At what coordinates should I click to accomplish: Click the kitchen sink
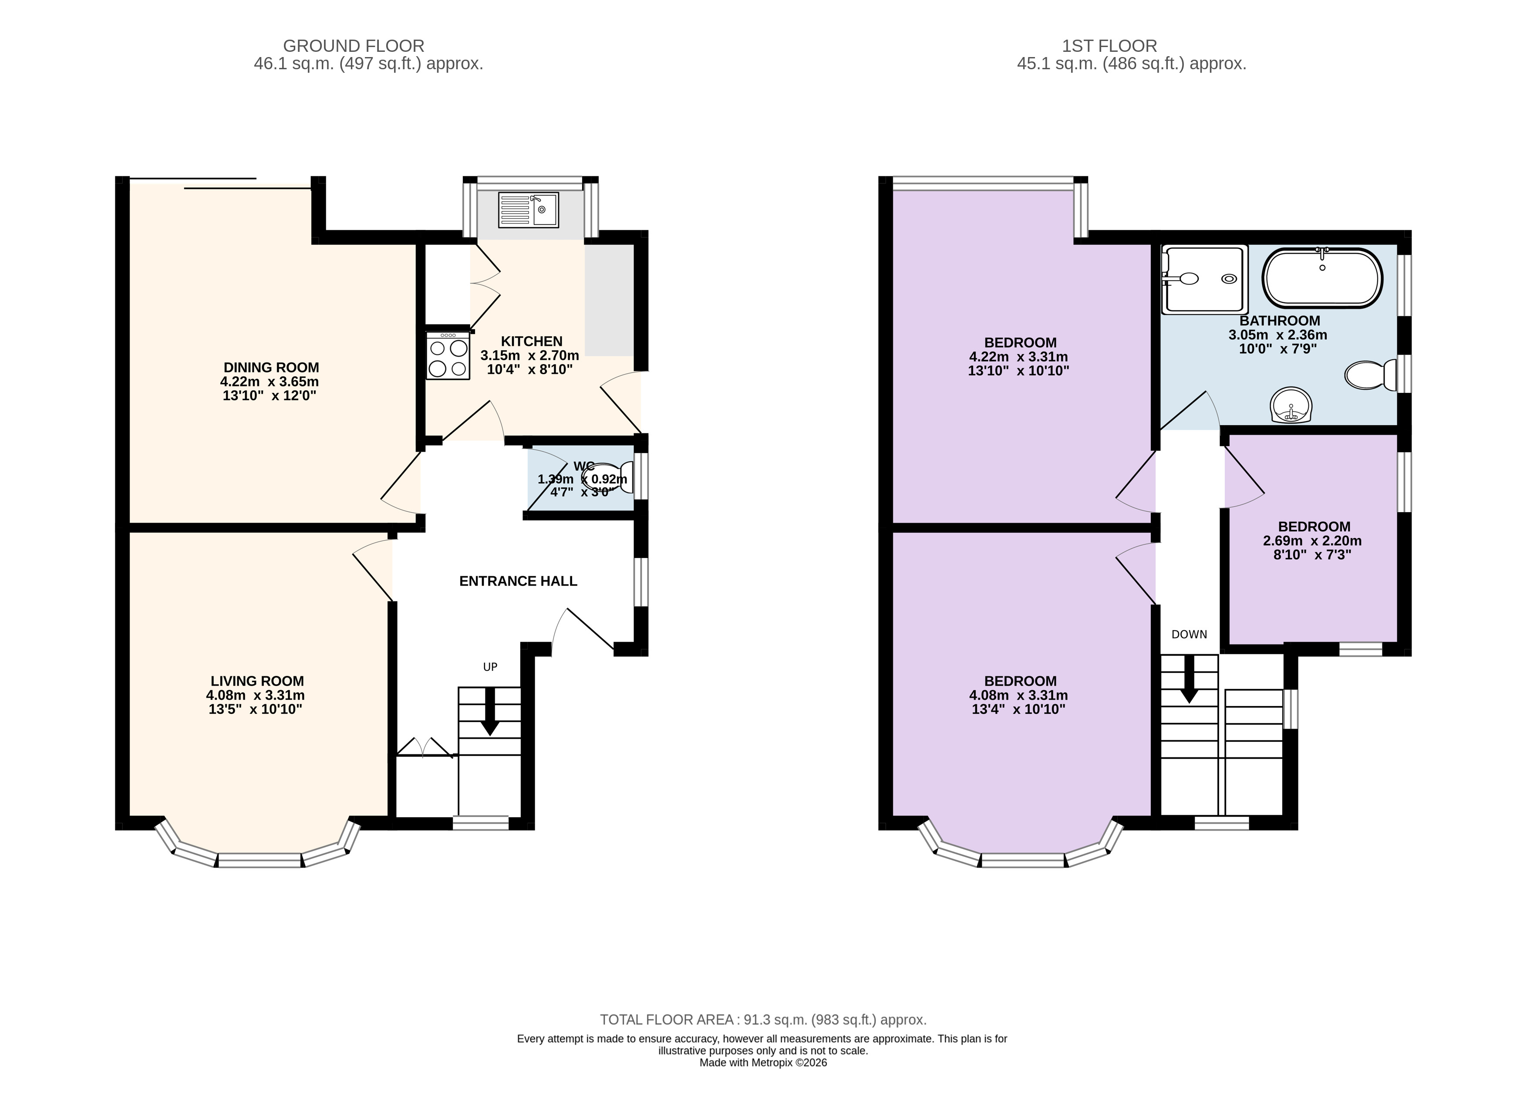[x=529, y=210]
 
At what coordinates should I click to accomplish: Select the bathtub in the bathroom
[x=1322, y=278]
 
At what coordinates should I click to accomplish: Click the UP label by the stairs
[x=490, y=667]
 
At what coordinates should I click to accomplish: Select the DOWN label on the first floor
[x=1189, y=634]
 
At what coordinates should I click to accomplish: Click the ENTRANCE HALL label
[x=519, y=581]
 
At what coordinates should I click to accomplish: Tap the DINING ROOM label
[x=271, y=368]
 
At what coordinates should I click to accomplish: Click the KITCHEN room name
[x=532, y=341]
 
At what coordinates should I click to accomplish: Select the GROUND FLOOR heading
[x=354, y=46]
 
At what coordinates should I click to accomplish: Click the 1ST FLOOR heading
[x=1109, y=46]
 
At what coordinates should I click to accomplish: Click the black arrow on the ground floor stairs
[x=489, y=711]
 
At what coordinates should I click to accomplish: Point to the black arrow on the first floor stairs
[x=1190, y=679]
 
